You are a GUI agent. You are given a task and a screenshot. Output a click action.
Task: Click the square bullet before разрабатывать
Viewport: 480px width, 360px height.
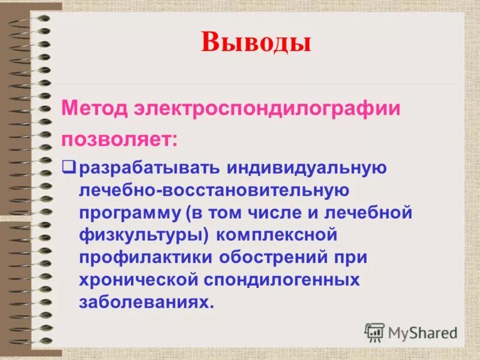(x=68, y=166)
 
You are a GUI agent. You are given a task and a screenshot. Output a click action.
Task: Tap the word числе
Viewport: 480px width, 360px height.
(x=284, y=213)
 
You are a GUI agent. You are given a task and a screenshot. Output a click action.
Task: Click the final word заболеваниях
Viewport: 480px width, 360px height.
(x=146, y=302)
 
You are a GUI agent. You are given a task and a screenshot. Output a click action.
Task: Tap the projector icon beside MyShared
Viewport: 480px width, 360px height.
(x=374, y=332)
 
